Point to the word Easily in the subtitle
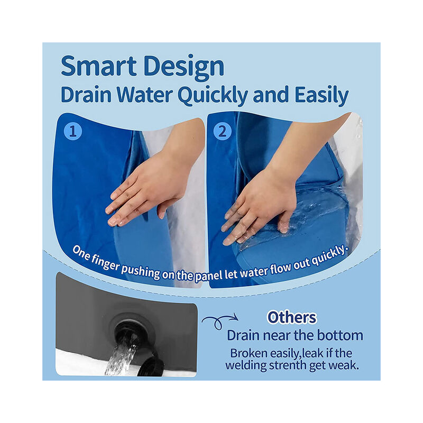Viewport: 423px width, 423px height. click(319, 96)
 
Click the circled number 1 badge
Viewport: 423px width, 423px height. click(73, 131)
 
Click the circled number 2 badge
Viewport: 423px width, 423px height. click(222, 131)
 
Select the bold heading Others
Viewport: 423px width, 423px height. click(291, 317)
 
